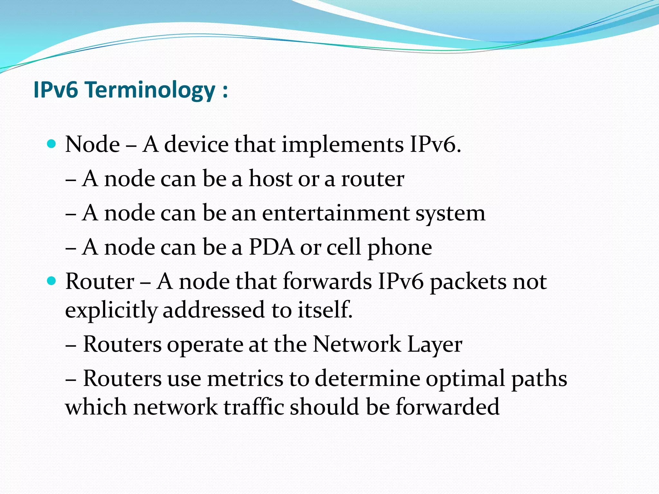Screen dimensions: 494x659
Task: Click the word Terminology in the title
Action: click(x=150, y=90)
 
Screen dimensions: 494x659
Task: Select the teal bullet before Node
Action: click(x=51, y=143)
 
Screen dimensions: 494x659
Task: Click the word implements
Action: click(x=343, y=144)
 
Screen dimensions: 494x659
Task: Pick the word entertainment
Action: click(x=336, y=213)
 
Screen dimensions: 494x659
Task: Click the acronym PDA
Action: click(x=272, y=247)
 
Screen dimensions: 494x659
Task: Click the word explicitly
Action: click(x=111, y=310)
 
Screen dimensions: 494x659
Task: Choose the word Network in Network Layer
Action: click(x=357, y=344)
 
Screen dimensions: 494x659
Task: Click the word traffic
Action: click(x=254, y=407)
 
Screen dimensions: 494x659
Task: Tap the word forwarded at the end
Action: click(x=447, y=407)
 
